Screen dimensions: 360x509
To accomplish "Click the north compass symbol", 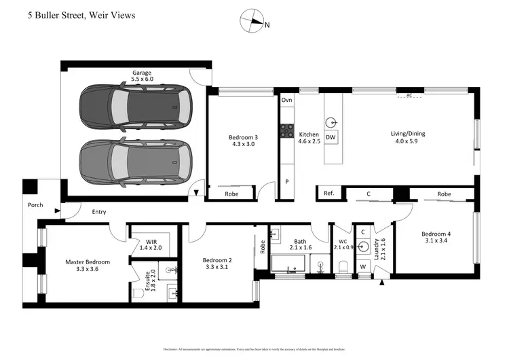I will point(252,22).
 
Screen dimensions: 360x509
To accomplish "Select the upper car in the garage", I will point(134,107).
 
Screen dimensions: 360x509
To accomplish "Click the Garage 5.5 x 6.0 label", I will point(143,75).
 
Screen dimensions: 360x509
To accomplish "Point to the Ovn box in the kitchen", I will point(286,100).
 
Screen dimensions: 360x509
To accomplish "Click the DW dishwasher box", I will point(331,138).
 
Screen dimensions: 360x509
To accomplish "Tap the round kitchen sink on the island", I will point(331,122).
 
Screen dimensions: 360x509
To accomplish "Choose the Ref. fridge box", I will point(328,194).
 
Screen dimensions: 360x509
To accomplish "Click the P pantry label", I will point(286,182).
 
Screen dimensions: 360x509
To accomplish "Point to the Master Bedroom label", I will point(88,262).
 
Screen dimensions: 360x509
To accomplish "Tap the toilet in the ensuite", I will point(138,293).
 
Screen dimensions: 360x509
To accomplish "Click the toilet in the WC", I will point(343,265).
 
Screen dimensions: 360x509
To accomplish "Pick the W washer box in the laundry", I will point(364,266).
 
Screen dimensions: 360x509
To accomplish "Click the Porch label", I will point(35,204).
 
